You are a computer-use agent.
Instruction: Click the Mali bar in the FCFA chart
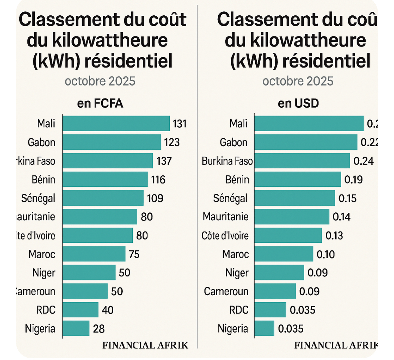click(116, 124)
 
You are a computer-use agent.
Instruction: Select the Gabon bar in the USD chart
click(305, 143)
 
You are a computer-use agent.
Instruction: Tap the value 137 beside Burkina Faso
click(164, 161)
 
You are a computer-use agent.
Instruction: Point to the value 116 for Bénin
click(158, 180)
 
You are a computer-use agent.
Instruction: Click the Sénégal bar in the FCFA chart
click(103, 198)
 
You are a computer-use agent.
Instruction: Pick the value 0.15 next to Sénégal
click(348, 198)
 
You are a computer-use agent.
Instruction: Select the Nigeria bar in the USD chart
click(264, 329)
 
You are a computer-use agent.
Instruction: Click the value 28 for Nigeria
click(99, 329)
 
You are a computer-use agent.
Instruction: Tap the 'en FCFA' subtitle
click(100, 104)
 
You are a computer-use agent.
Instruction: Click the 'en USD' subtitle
click(298, 104)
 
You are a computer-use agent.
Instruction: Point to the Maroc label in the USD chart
click(236, 254)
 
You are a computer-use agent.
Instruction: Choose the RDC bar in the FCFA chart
click(81, 310)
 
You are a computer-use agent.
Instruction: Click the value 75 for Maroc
click(134, 254)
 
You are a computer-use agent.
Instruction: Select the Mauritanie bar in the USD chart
click(292, 217)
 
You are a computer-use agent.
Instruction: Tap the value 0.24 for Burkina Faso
click(363, 161)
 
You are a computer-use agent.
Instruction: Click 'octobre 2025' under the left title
click(100, 81)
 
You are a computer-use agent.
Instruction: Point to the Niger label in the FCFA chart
click(44, 273)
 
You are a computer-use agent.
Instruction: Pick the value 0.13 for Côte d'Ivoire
click(334, 236)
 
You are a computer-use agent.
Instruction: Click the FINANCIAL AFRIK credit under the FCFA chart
click(145, 345)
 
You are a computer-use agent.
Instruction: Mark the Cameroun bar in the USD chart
click(275, 291)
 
